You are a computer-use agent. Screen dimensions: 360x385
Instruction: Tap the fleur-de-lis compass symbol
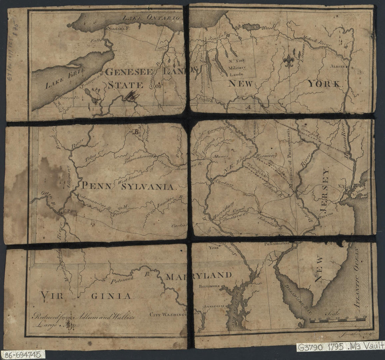pyautogui.click(x=288, y=61)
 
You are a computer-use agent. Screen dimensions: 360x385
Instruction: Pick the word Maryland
pyautogui.click(x=198, y=275)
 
